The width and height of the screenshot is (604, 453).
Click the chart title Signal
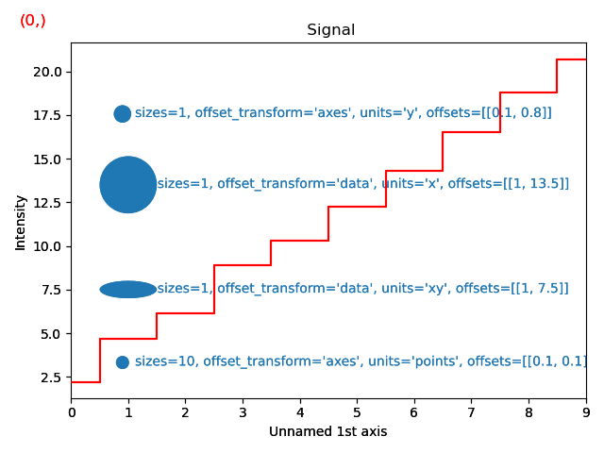pyautogui.click(x=330, y=30)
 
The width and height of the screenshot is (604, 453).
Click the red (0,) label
pyautogui.click(x=33, y=21)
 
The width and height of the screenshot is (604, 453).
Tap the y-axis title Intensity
pyautogui.click(x=21, y=223)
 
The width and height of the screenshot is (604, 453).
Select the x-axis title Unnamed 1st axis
pyautogui.click(x=327, y=432)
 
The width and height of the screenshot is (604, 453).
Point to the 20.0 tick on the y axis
pyautogui.click(x=47, y=72)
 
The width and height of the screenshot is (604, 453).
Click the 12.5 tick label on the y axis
pyautogui.click(x=47, y=203)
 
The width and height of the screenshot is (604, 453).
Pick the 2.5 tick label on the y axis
pyautogui.click(x=51, y=377)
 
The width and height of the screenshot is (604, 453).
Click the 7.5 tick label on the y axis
pyautogui.click(x=51, y=291)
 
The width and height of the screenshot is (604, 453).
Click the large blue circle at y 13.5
pyautogui.click(x=128, y=184)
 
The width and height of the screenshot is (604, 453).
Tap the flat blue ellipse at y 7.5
pyautogui.click(x=128, y=290)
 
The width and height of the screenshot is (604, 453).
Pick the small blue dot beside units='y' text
pyautogui.click(x=122, y=114)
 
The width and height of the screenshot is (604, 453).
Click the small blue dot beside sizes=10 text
pyautogui.click(x=122, y=362)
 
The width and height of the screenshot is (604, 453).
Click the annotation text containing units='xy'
pyautogui.click(x=362, y=289)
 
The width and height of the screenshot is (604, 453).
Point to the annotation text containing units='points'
pyautogui.click(x=361, y=361)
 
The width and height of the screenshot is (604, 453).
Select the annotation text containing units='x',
pyautogui.click(x=362, y=184)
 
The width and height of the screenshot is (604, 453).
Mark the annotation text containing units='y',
pyautogui.click(x=343, y=113)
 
